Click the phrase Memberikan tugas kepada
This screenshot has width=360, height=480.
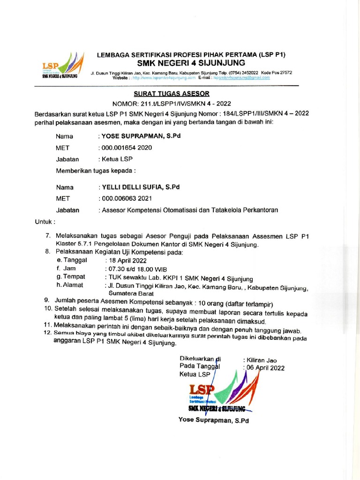point(96,171)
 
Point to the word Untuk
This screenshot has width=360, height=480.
point(45,221)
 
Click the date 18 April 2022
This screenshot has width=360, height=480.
point(127,261)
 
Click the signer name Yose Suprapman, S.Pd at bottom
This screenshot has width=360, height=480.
point(213,420)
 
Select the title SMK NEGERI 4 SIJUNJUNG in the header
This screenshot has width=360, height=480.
point(191,63)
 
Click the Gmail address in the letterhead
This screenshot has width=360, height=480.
point(241,78)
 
